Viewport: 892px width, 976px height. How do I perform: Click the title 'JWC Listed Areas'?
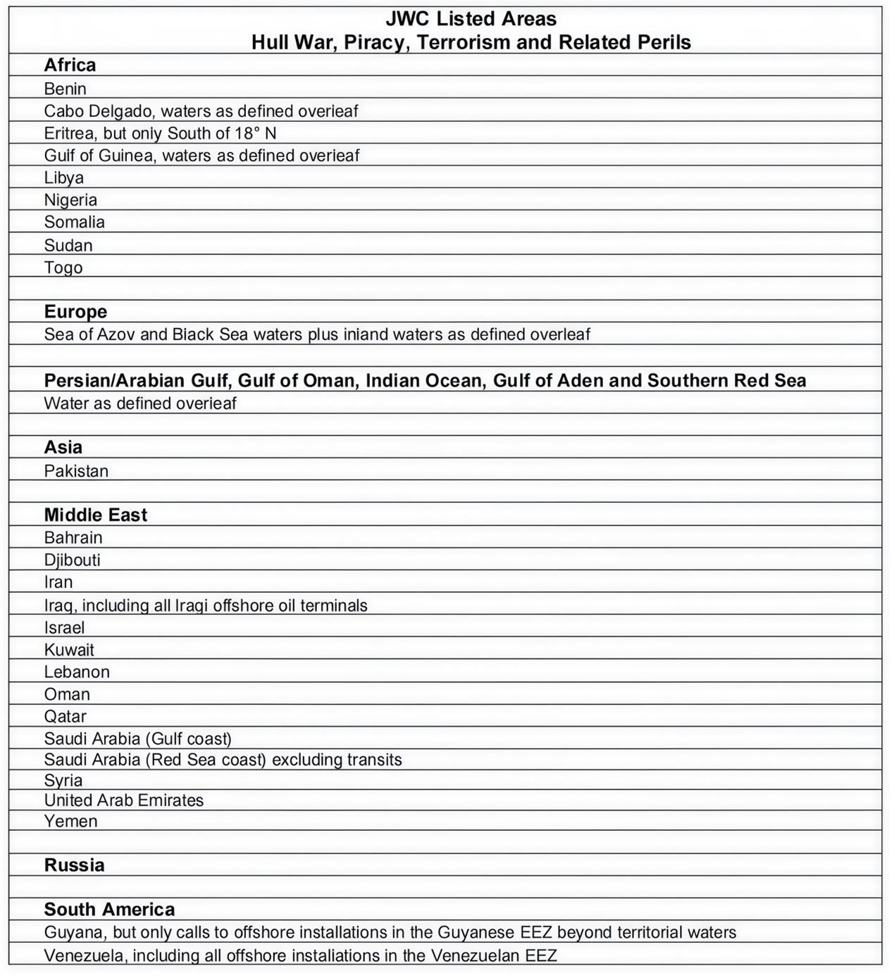471,19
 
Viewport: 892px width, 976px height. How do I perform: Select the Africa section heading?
70,65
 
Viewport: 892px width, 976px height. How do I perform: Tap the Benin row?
65,89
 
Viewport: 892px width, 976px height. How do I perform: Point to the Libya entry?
63,177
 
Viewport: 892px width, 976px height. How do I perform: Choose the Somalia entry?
74,222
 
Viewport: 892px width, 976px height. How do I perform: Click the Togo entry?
63,268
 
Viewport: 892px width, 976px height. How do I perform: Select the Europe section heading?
75,311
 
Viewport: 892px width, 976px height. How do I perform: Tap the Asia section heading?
63,447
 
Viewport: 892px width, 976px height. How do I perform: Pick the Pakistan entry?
76,470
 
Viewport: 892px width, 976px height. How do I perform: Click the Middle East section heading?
95,515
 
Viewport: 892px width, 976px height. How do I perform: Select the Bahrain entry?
73,537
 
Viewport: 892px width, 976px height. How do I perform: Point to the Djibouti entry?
72,560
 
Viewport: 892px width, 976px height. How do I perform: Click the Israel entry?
64,627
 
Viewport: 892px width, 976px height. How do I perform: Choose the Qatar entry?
65,716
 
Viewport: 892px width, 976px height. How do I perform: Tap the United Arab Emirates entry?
123,800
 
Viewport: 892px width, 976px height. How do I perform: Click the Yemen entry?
70,821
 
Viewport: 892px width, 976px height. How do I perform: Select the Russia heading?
74,865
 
